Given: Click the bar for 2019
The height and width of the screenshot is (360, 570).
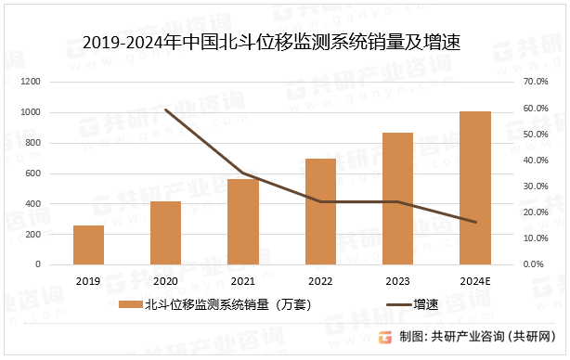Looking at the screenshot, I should tap(88, 245).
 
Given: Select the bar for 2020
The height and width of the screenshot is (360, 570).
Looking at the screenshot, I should tap(165, 233).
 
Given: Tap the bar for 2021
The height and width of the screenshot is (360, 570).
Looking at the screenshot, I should tap(243, 222).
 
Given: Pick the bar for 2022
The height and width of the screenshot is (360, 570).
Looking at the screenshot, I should tap(320, 212).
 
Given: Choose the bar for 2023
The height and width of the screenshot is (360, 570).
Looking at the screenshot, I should tap(398, 199).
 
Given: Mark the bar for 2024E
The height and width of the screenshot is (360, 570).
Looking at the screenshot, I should tap(475, 188).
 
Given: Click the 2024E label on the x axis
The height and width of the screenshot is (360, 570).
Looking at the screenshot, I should tap(476, 280).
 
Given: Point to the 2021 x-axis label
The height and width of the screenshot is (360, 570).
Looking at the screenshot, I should tap(243, 280).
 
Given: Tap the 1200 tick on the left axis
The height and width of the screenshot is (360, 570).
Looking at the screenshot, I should tap(55, 82).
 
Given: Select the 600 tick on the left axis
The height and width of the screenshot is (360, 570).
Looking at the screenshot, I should tap(58, 174).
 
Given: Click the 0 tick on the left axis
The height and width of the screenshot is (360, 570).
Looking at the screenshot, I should tap(63, 264).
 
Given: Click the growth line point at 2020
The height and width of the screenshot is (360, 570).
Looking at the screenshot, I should tap(165, 109).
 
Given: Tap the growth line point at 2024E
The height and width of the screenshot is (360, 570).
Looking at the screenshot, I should tap(475, 223).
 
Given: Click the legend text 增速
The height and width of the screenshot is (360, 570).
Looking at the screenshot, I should tap(426, 303).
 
